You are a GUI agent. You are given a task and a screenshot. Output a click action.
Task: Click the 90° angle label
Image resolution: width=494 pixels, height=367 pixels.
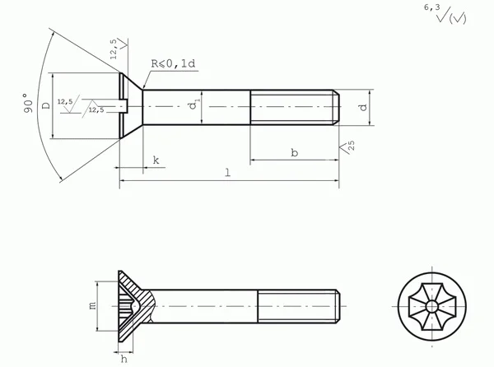[x=28, y=103]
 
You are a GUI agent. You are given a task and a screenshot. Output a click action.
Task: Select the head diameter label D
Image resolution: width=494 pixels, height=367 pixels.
[x=46, y=105]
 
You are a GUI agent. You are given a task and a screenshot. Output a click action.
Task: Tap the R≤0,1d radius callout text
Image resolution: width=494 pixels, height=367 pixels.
[x=173, y=64]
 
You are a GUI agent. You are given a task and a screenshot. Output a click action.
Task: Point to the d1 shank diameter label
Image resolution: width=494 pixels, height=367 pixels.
[x=193, y=104]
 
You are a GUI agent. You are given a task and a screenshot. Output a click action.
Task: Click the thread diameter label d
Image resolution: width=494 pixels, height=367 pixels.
[x=363, y=107]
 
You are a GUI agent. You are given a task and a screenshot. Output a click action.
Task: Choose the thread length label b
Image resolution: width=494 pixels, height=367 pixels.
[x=294, y=153]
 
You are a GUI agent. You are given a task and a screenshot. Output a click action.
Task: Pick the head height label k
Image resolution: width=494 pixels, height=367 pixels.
[x=156, y=160]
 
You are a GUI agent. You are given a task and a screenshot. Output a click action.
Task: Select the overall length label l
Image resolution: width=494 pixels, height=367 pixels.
[x=228, y=173]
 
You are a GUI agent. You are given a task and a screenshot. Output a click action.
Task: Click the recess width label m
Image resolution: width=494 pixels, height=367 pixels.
[x=92, y=305]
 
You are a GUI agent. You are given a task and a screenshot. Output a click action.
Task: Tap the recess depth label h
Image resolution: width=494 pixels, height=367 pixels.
[x=124, y=359]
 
